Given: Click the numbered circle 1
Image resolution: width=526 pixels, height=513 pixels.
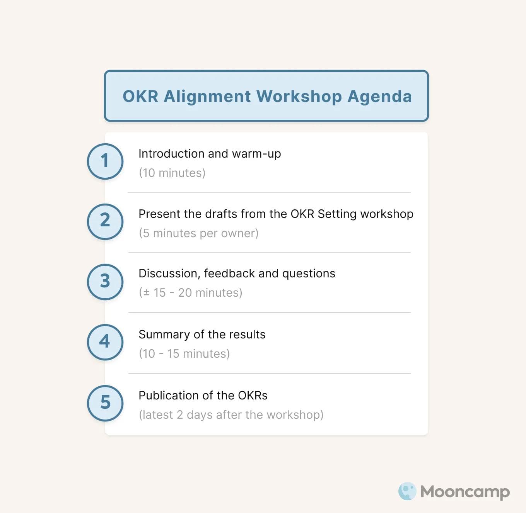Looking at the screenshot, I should tap(105, 161).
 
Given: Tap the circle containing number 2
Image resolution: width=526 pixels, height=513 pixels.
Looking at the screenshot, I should tap(105, 221).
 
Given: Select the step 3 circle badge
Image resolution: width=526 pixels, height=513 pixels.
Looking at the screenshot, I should tap(105, 282).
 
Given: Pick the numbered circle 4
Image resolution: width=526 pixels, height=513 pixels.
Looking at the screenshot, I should tap(105, 342).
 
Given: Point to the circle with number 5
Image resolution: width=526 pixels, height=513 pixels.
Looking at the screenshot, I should tap(105, 403).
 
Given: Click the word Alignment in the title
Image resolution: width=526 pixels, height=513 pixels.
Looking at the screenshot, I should tap(207, 96).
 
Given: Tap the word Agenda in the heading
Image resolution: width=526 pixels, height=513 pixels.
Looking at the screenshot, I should tap(379, 96).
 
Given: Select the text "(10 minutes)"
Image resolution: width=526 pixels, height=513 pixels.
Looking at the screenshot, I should tap(172, 173).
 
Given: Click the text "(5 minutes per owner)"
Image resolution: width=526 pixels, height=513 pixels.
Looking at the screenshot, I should tap(198, 233).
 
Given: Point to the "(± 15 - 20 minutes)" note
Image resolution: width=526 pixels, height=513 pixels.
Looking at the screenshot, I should tap(190, 292).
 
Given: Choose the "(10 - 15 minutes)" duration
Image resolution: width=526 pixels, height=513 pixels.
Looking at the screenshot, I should tap(184, 353).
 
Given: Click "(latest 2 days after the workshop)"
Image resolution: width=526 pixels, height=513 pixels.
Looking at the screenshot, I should tap(231, 414).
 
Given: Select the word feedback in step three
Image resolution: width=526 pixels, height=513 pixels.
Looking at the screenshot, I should tap(229, 273).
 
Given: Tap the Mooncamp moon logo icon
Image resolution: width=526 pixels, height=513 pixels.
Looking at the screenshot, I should tap(407, 491).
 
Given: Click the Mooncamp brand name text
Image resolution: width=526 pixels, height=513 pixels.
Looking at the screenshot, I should tap(465, 492).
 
